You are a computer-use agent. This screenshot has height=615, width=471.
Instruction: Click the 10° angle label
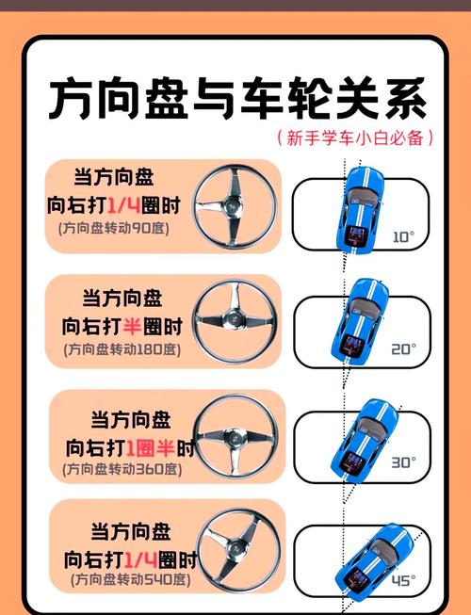pyautogui.click(x=403, y=237)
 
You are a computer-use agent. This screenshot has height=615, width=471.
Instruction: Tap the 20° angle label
pyautogui.click(x=403, y=348)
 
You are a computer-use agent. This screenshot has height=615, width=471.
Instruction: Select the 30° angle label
pyautogui.click(x=403, y=462)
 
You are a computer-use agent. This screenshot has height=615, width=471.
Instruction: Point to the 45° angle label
pyautogui.click(x=403, y=580)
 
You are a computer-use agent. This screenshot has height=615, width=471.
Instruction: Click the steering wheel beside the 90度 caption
pyautogui.click(x=235, y=206)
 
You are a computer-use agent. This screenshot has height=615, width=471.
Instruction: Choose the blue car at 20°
pyautogui.click(x=360, y=322)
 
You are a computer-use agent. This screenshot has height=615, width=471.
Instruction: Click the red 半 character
pyautogui.click(x=132, y=326)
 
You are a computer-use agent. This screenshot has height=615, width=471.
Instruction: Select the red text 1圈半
pyautogui.click(x=150, y=448)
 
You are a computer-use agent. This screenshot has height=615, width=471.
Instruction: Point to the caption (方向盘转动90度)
pyautogui.click(x=114, y=228)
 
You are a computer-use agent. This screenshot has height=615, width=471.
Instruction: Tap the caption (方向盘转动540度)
pyautogui.click(x=131, y=579)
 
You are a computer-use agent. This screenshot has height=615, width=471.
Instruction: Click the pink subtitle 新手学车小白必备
pyautogui.click(x=355, y=138)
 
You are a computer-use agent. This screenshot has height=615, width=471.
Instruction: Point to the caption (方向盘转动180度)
pyautogui.click(x=122, y=349)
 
